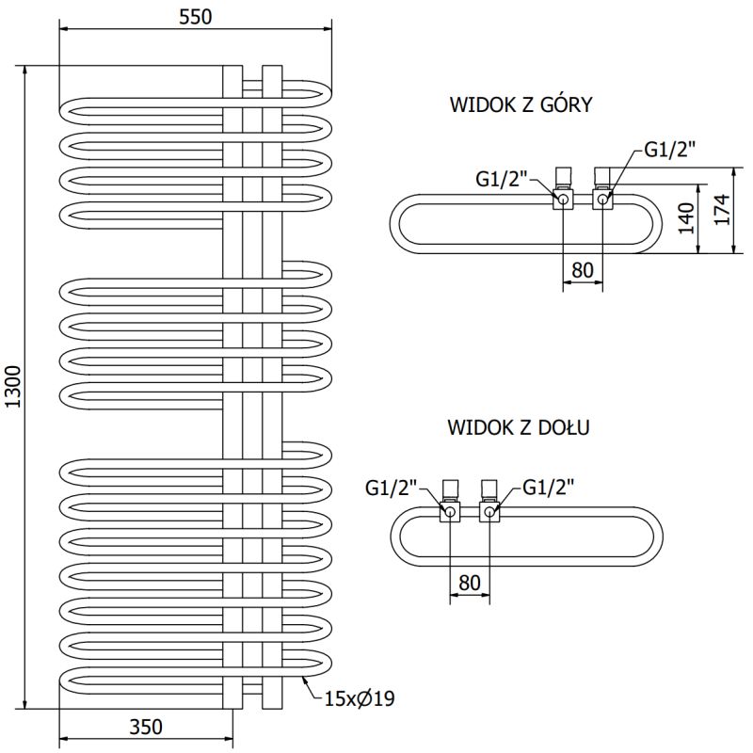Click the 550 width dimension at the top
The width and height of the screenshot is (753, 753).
click(x=195, y=16)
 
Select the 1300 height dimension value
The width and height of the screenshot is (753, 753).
click(x=12, y=386)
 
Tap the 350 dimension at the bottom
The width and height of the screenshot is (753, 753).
click(x=146, y=726)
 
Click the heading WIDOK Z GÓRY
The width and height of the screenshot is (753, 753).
click(x=521, y=104)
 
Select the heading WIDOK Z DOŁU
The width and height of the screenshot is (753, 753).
click(x=519, y=427)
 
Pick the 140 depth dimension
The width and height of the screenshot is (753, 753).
click(x=686, y=217)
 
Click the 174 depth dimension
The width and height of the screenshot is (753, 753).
click(x=721, y=210)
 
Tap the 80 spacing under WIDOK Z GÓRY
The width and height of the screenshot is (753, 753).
click(x=583, y=270)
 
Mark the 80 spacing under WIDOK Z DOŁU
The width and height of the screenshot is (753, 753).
click(x=470, y=583)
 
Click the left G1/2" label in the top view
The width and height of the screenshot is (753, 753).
click(x=503, y=178)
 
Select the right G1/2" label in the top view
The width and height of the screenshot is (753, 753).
click(x=669, y=149)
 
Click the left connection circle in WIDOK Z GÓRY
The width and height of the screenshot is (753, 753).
click(x=563, y=199)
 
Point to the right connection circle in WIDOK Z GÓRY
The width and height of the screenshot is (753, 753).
click(x=602, y=198)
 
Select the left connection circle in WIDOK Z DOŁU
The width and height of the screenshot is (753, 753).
click(x=450, y=512)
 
